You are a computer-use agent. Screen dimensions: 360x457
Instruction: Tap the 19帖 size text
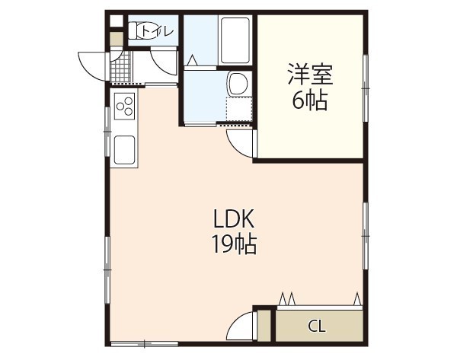(233, 245)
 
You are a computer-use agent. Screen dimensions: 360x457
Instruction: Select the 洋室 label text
(309, 76)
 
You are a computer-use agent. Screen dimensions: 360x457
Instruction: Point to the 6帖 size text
(309, 100)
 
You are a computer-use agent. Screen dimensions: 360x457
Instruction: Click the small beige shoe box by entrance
(116, 37)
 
